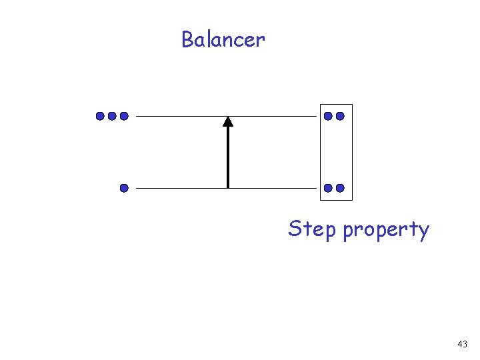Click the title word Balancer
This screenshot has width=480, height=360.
(223, 40)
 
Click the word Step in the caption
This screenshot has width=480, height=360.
(312, 229)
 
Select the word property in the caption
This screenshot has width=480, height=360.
(386, 231)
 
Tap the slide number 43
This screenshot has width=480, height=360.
(463, 345)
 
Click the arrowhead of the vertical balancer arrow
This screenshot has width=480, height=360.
(228, 121)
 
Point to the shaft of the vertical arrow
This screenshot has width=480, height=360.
(228, 157)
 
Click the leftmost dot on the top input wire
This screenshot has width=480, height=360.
(100, 116)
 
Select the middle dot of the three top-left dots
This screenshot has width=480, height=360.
(112, 116)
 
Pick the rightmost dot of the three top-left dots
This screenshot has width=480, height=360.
(124, 116)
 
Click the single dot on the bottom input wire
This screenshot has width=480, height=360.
(124, 188)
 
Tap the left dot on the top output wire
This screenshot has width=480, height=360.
(328, 116)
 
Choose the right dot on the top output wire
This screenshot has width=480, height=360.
(340, 116)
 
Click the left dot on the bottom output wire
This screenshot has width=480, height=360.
(328, 188)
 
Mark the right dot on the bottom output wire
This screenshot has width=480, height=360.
(340, 188)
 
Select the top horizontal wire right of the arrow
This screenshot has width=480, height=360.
(273, 116)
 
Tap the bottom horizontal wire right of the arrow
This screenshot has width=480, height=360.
(273, 188)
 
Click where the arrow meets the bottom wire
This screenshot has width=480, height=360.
(228, 188)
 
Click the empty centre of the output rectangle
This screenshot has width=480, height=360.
(336, 152)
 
